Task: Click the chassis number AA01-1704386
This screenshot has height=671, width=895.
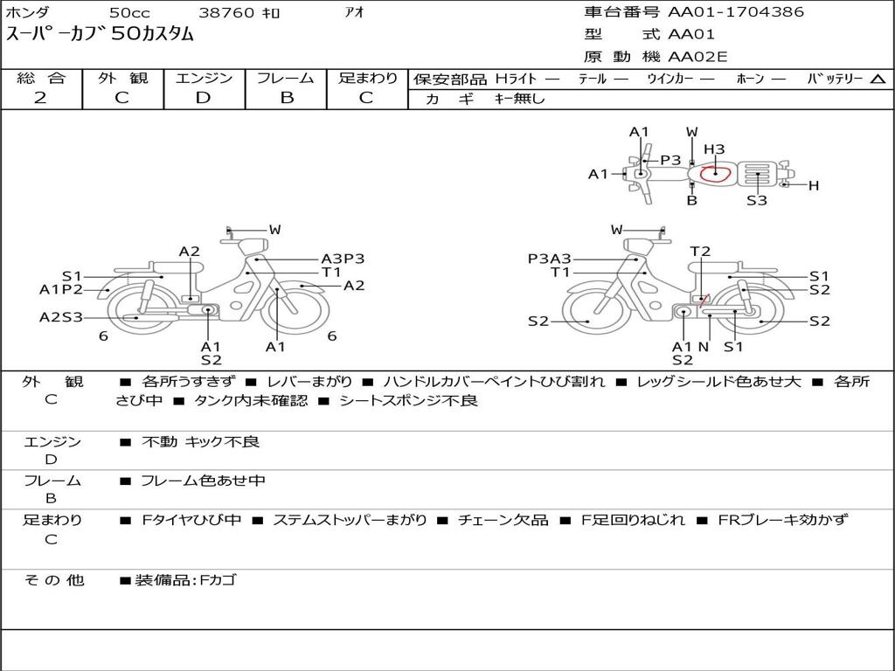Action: [736, 12]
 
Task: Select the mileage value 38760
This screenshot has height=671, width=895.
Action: [226, 12]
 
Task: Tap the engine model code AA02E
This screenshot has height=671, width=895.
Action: [697, 57]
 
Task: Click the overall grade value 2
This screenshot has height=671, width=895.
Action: [40, 98]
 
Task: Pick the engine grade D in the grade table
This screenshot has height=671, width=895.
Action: [203, 98]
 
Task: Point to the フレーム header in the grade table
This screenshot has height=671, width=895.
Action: [286, 78]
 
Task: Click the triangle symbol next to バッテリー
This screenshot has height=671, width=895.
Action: [878, 80]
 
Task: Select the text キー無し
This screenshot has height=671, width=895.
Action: [519, 99]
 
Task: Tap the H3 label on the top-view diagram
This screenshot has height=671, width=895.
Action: [714, 149]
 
